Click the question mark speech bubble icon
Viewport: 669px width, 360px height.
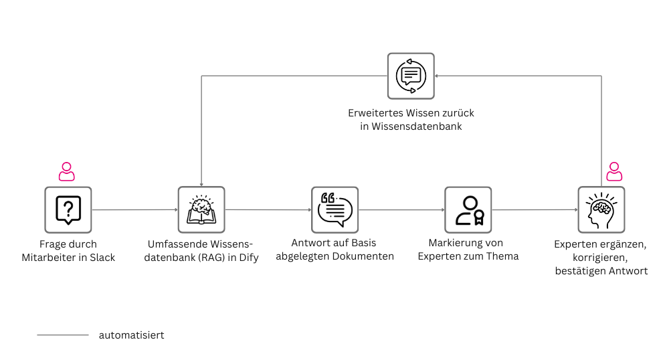click(68, 209)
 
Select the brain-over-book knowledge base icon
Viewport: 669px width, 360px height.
click(201, 209)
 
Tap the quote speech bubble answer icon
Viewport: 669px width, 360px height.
click(334, 209)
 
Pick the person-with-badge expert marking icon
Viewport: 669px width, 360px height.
click(468, 209)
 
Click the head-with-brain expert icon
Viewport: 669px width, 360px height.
click(601, 209)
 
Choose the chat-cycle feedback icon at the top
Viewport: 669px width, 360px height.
click(410, 76)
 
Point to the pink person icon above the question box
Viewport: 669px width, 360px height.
click(67, 171)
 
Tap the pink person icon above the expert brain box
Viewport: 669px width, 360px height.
click(613, 171)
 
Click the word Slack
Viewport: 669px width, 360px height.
click(102, 257)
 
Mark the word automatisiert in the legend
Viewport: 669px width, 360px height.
click(131, 335)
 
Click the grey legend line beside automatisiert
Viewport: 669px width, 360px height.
click(62, 335)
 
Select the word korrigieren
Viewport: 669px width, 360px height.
click(600, 258)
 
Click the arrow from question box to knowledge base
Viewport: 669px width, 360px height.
click(134, 209)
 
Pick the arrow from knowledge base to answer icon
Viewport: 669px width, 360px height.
click(268, 209)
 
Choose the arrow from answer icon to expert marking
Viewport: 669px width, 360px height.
click(401, 209)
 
